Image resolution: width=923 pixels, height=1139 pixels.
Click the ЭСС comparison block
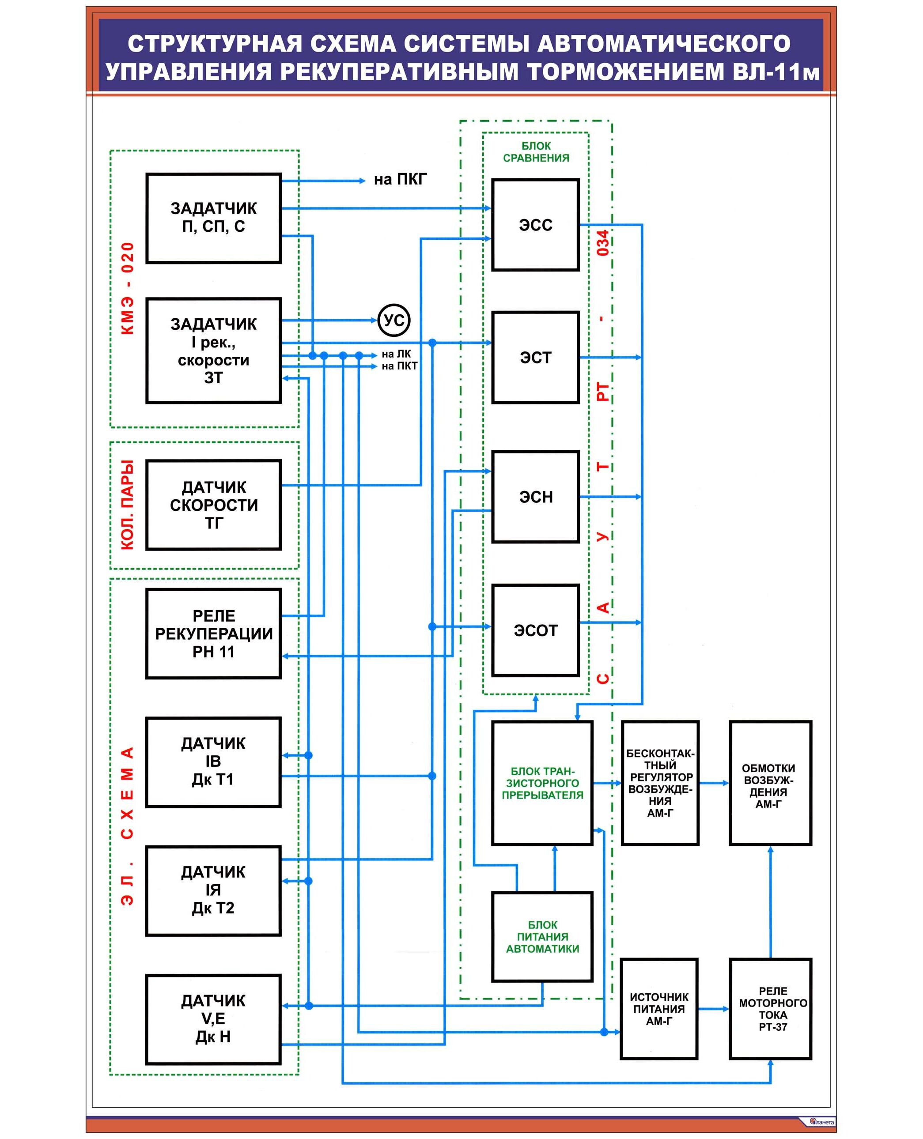(535, 225)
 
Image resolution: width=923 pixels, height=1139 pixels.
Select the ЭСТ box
(535, 357)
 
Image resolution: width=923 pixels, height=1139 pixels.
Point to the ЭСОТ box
(535, 630)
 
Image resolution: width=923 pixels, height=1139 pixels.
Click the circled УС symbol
(394, 320)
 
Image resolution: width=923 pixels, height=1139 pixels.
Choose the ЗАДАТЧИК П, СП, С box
(213, 218)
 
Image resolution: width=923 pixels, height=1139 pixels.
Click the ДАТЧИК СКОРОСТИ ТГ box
(213, 505)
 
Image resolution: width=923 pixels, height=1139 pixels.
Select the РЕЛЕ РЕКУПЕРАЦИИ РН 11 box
(213, 634)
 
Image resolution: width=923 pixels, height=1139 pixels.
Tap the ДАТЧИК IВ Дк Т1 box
(213, 762)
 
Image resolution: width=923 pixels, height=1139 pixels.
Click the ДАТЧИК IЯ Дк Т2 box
(213, 890)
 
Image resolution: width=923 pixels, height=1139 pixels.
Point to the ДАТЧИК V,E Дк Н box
(213, 1019)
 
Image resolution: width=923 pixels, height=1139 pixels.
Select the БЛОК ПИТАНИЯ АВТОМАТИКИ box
(542, 937)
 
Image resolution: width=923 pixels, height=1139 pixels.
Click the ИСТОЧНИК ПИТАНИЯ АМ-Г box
(659, 1009)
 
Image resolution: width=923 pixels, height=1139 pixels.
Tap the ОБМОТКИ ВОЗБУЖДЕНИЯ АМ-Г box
(770, 783)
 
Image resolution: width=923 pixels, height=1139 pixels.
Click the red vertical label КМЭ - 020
(128, 289)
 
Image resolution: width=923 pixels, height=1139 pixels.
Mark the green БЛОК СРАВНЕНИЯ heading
(536, 152)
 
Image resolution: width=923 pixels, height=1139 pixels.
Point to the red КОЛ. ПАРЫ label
(128, 505)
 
